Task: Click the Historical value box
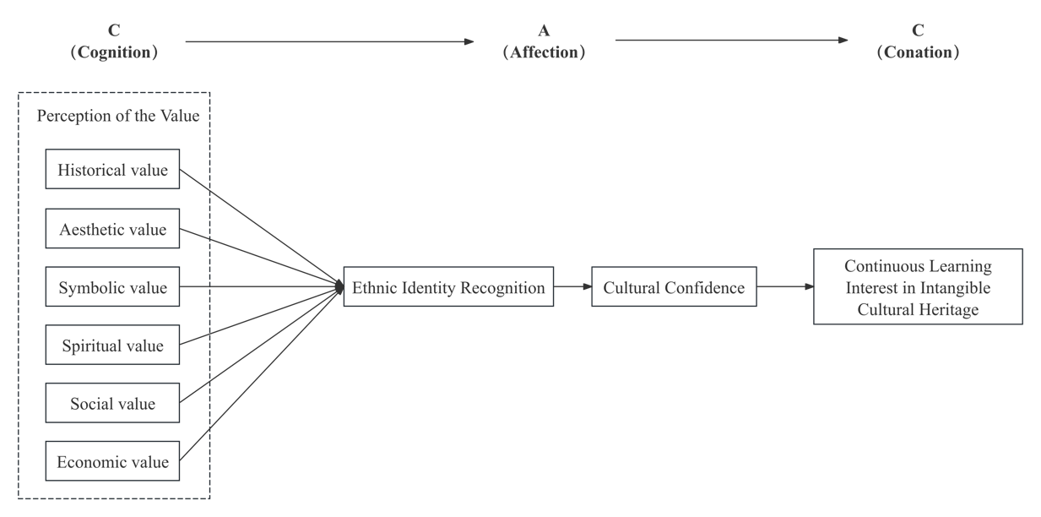[112, 170]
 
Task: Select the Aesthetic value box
[112, 229]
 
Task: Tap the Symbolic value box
[112, 288]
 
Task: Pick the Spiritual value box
[112, 346]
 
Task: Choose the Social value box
[112, 403]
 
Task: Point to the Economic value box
[112, 461]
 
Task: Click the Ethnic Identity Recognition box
[448, 287]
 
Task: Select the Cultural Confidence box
[674, 287]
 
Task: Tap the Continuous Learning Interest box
[918, 287]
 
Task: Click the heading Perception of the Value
[118, 116]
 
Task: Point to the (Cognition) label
[114, 52]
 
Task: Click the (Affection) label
[545, 52]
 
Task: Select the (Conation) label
[918, 52]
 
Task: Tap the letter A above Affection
[545, 31]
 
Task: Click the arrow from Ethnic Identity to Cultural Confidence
[572, 287]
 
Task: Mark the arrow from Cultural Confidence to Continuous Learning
[785, 287]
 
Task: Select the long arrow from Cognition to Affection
[329, 41]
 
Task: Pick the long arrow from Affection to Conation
[731, 40]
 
